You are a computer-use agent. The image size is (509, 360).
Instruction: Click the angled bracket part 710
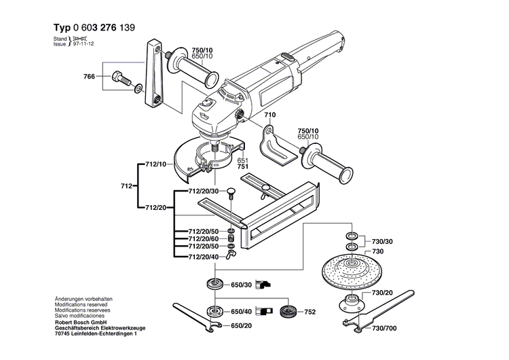(280, 146)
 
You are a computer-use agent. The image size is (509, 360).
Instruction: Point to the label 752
(310, 312)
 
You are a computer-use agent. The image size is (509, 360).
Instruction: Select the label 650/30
(242, 285)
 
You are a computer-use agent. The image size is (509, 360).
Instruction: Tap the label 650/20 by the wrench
(242, 326)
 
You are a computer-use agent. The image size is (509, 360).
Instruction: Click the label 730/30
(383, 242)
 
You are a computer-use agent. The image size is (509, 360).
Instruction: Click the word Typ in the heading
(61, 29)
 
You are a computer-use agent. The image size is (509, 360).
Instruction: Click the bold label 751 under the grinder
(243, 166)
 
